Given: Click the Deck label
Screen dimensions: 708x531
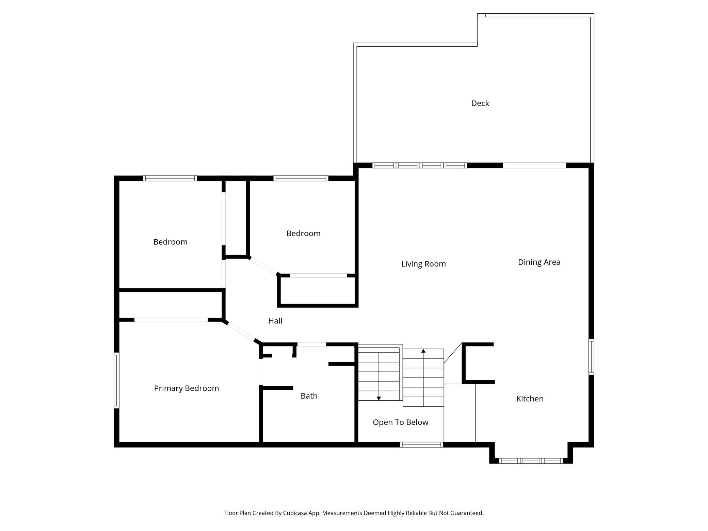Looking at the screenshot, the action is pyautogui.click(x=480, y=103).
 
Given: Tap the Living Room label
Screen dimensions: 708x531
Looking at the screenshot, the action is pyautogui.click(x=423, y=264).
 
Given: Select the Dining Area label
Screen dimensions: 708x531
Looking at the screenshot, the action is pyautogui.click(x=539, y=262).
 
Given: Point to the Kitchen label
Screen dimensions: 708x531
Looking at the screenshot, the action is pyautogui.click(x=530, y=399).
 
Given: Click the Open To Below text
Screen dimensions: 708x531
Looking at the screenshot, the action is pyautogui.click(x=400, y=422).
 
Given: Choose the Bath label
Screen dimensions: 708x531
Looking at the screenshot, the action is pyautogui.click(x=309, y=396).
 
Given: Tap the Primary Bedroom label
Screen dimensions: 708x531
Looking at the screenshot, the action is pyautogui.click(x=187, y=388).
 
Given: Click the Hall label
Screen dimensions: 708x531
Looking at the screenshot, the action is pyautogui.click(x=275, y=321).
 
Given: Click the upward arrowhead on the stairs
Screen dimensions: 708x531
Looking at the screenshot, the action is pyautogui.click(x=423, y=351).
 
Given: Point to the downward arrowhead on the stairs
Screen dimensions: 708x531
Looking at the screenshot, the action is pyautogui.click(x=379, y=398).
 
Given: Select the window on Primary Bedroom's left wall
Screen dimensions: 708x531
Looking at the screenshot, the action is pyautogui.click(x=116, y=380).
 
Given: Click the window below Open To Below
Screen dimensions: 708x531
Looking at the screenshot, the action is pyautogui.click(x=421, y=445).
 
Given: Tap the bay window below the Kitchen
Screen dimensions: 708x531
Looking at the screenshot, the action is pyautogui.click(x=531, y=461).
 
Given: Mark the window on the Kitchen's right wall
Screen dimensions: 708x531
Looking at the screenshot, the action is pyautogui.click(x=591, y=357).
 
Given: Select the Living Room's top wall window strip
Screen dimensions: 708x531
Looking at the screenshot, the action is pyautogui.click(x=419, y=165).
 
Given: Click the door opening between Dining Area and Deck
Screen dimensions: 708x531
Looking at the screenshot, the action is pyautogui.click(x=534, y=165).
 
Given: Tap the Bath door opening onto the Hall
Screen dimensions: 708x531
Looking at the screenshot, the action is pyautogui.click(x=311, y=344).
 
